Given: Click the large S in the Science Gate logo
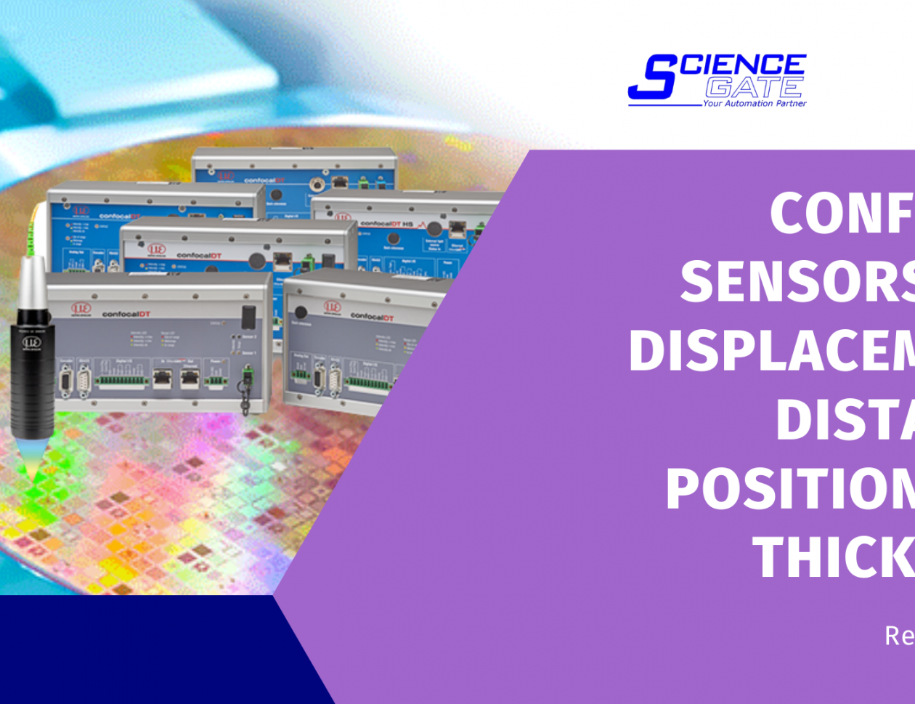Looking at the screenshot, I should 650,78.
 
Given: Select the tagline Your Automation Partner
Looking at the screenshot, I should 754,104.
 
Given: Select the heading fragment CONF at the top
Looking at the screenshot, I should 842,214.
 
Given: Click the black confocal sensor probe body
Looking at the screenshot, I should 33,371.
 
